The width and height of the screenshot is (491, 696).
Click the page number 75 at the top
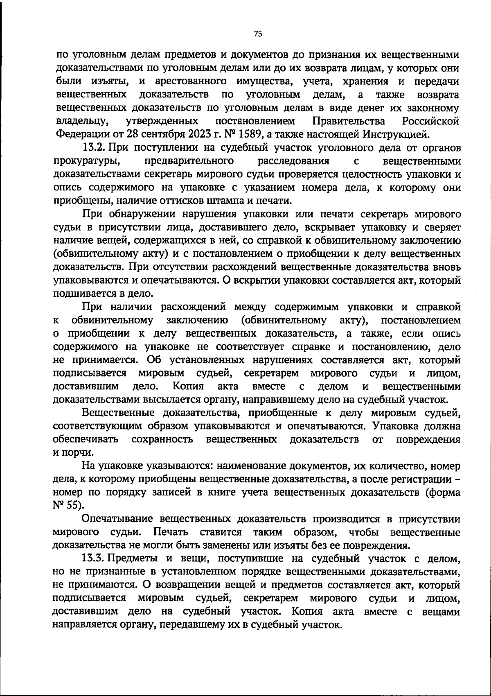(x=257, y=34)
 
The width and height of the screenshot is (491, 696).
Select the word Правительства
(x=349, y=121)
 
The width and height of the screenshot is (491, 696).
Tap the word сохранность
(x=162, y=439)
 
